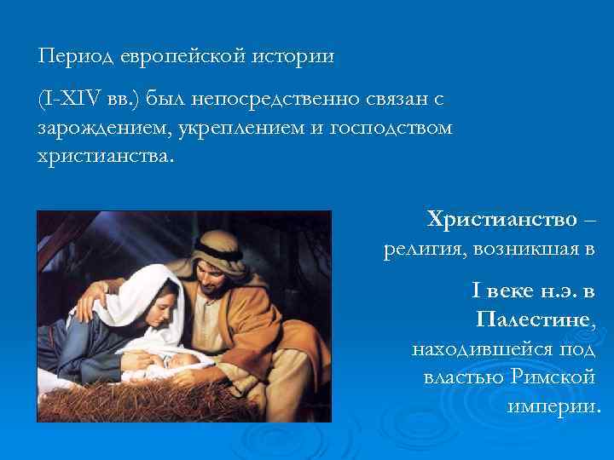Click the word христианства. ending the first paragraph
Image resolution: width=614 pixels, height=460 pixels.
[103, 154]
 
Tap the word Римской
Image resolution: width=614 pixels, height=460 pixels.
[553, 377]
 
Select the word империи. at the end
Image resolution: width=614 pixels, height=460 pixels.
[553, 405]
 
